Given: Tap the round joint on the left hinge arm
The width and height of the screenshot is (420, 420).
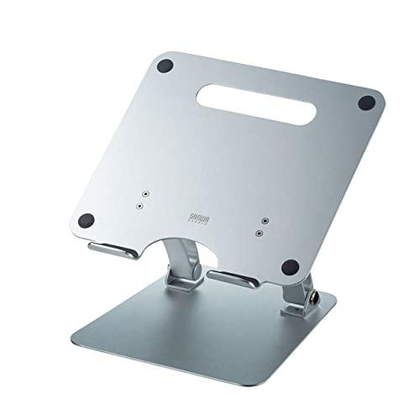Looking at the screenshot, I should point(192,271).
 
